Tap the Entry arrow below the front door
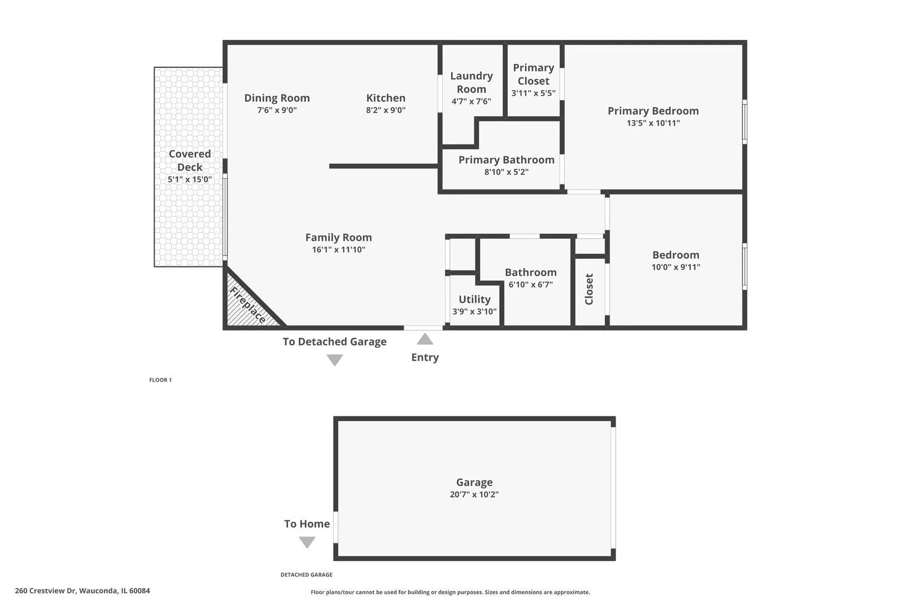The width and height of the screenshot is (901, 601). pos(425,339)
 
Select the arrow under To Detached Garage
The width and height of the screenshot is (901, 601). pos(335,360)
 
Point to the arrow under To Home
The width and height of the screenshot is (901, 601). pos(307,542)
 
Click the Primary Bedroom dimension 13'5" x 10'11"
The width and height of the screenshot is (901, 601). pos(653,123)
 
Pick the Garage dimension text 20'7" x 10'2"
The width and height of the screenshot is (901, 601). pos(474,494)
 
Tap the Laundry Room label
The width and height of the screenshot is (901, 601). pos(472,82)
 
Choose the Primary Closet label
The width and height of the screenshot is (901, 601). pos(533,74)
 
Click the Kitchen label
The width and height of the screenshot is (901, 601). pos(386,98)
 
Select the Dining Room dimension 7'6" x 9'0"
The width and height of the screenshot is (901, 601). pos(277,110)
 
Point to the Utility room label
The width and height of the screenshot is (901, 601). pos(474,299)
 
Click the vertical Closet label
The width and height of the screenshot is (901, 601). pos(589,289)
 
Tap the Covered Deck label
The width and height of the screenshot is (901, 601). pos(190,160)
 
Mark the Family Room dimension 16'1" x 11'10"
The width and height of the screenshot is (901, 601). pos(339,249)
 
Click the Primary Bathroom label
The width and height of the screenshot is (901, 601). pos(507,160)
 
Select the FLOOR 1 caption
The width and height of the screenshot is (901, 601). pos(161,380)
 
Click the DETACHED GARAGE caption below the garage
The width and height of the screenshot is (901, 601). pos(306,575)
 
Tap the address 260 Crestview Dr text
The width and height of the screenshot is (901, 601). pos(46,590)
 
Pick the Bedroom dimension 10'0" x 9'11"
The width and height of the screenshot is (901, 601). pos(676,267)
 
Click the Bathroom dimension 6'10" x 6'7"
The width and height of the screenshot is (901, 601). pos(531,284)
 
